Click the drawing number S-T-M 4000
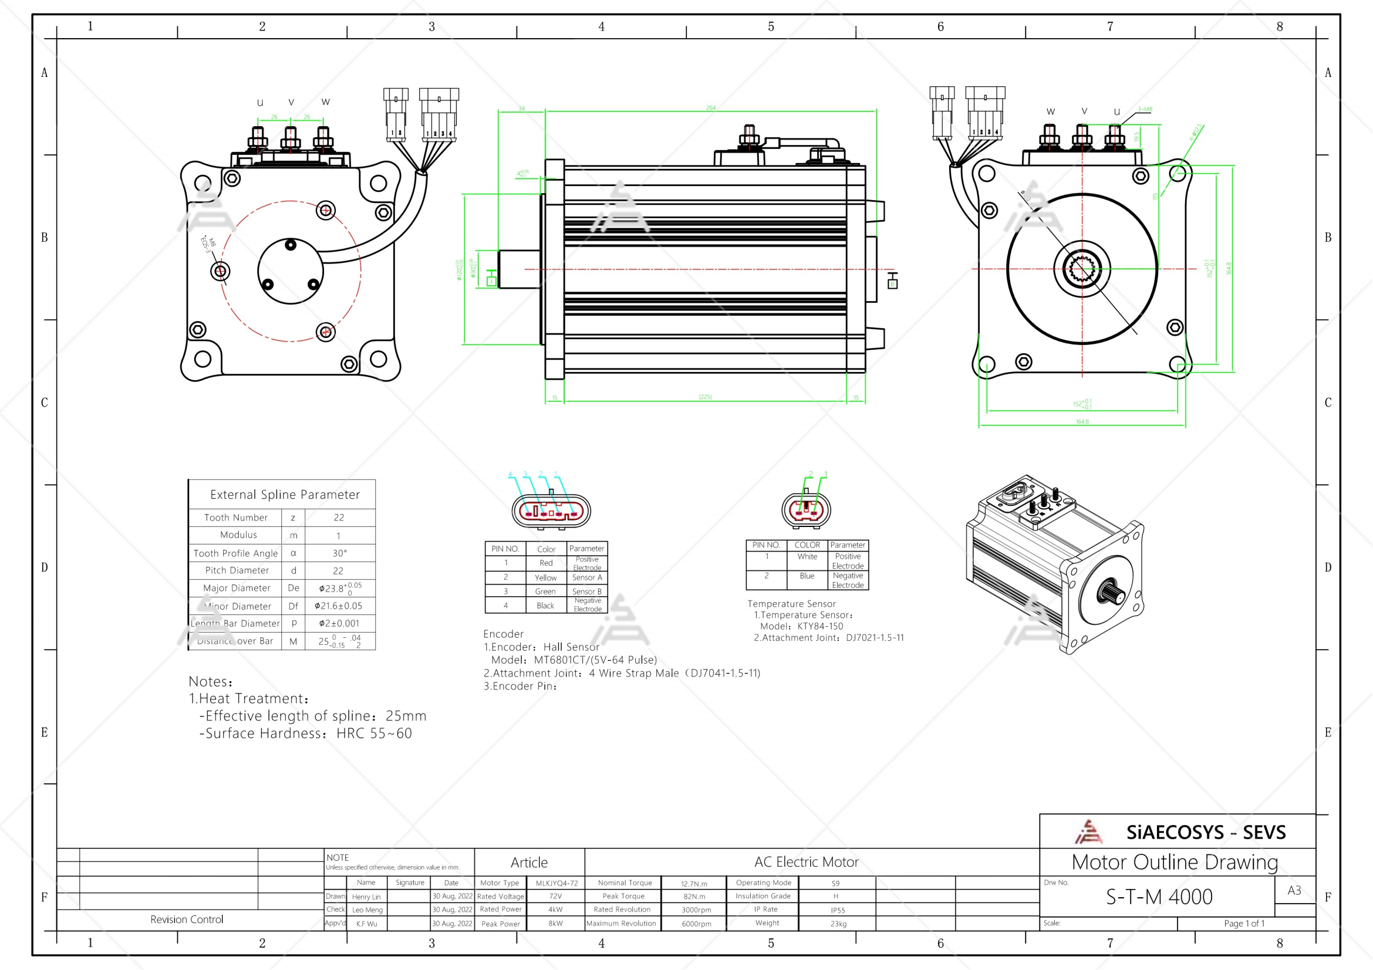(x=1158, y=897)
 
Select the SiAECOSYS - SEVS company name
(x=1205, y=833)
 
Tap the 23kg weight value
(x=838, y=924)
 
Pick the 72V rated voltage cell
(x=555, y=897)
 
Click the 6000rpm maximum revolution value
(x=696, y=924)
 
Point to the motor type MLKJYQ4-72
(x=556, y=883)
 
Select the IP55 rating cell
(x=837, y=910)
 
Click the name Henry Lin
(x=366, y=897)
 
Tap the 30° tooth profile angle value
(x=339, y=553)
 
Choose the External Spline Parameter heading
(x=285, y=495)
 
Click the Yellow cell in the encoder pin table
(x=545, y=578)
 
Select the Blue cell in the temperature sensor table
(x=807, y=576)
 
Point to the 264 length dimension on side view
(x=710, y=108)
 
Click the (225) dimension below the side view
(x=705, y=397)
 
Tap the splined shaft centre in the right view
(x=1082, y=269)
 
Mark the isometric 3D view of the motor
(x=1055, y=565)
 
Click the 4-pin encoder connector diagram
(x=551, y=511)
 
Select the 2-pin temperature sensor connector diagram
(x=806, y=511)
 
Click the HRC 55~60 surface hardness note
(x=374, y=734)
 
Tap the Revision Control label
(x=187, y=919)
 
